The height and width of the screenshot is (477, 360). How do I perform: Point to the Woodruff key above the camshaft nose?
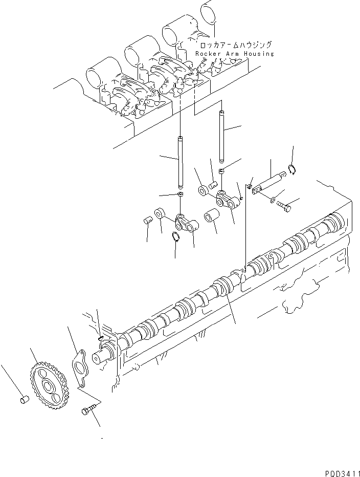100,337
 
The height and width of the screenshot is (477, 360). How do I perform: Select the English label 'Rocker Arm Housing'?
234,54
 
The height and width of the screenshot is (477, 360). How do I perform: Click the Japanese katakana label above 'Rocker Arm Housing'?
234,45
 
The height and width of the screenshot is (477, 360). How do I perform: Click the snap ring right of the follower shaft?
292,170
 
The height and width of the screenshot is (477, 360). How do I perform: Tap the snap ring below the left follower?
175,237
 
